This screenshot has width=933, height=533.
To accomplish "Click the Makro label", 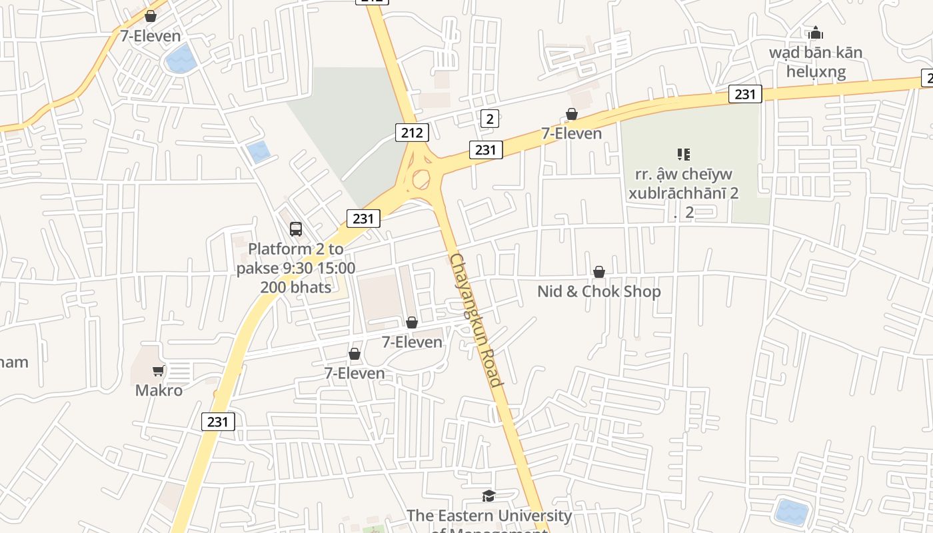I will point(159,390).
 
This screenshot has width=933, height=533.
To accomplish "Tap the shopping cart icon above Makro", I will point(158,370).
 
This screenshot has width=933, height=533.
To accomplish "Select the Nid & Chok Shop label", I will point(599,291).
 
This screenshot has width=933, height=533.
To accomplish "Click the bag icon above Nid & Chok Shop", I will point(599,272).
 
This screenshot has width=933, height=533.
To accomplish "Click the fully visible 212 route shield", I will point(412,133).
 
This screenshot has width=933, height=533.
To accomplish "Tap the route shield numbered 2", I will point(490,119).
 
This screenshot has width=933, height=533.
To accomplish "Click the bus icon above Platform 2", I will point(296,229).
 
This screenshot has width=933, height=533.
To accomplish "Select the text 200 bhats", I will point(296,287).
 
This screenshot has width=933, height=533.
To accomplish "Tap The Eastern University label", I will point(489,516).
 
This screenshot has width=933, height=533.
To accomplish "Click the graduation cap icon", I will point(489,496).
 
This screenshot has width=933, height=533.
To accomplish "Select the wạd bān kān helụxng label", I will point(816,62).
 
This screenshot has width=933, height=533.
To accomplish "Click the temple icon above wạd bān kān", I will point(816,33).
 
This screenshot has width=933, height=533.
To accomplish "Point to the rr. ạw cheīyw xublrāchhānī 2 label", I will point(683,184).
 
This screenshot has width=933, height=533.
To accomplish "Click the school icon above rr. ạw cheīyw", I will point(683,155).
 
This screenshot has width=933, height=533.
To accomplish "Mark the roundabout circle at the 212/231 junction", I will point(421,179).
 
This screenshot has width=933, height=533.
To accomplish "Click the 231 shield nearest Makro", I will point(218,421).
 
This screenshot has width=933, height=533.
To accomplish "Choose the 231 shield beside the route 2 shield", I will point(486,150).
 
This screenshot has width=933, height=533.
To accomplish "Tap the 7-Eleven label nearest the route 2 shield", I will point(571,133).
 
